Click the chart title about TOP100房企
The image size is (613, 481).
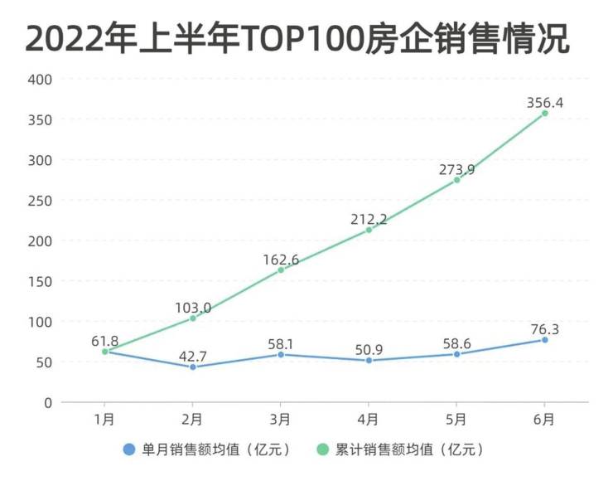pos(297,38)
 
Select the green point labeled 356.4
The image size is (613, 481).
pos(544,114)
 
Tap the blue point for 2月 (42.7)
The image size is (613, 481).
pos(192,367)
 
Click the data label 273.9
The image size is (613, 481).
pos(456,170)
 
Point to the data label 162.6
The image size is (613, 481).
pos(281,260)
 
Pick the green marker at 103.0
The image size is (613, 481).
pos(193,318)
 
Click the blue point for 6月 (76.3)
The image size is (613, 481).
pos(544,340)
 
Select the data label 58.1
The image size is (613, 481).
pos(281,341)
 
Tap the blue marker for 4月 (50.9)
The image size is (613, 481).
pos(369,361)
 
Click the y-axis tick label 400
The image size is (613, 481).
pos(41,80)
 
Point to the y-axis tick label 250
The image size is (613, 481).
pos(41,201)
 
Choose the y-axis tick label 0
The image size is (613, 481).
pos(48,403)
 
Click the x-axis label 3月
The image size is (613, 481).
pos(281,420)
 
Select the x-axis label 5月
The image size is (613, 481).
pos(456,420)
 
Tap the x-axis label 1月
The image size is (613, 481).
pos(105,420)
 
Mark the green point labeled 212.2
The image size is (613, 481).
pos(369,230)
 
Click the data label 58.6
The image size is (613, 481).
pos(456,341)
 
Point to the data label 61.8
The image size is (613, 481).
pos(105,339)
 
